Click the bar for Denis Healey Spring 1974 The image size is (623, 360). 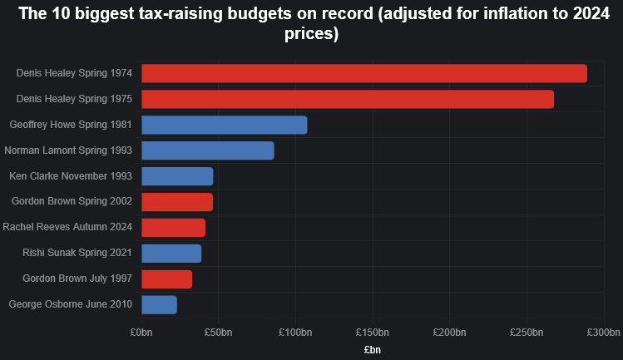(x=364, y=73)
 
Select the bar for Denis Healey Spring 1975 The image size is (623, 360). (x=348, y=99)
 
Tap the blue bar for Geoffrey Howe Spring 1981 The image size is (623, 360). (x=225, y=125)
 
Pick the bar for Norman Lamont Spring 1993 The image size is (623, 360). (x=208, y=150)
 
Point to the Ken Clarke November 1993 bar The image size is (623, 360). (x=177, y=176)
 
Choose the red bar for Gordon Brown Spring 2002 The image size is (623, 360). (x=177, y=202)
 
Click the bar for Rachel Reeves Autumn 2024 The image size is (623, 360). (x=173, y=228)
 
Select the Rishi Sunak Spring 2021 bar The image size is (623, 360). (x=171, y=254)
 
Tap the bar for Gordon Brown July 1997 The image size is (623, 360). (x=167, y=279)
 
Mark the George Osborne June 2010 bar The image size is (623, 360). (x=160, y=305)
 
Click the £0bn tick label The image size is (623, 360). (x=141, y=333)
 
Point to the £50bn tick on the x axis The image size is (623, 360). (x=218, y=333)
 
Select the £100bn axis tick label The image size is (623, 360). (x=295, y=333)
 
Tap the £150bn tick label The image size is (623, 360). (x=373, y=333)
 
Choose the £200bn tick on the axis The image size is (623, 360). (x=449, y=333)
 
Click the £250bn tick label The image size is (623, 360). (x=527, y=333)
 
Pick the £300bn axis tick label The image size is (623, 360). (x=603, y=333)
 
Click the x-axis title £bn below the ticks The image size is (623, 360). (x=373, y=351)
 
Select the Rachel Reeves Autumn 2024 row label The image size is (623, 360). (x=67, y=228)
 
